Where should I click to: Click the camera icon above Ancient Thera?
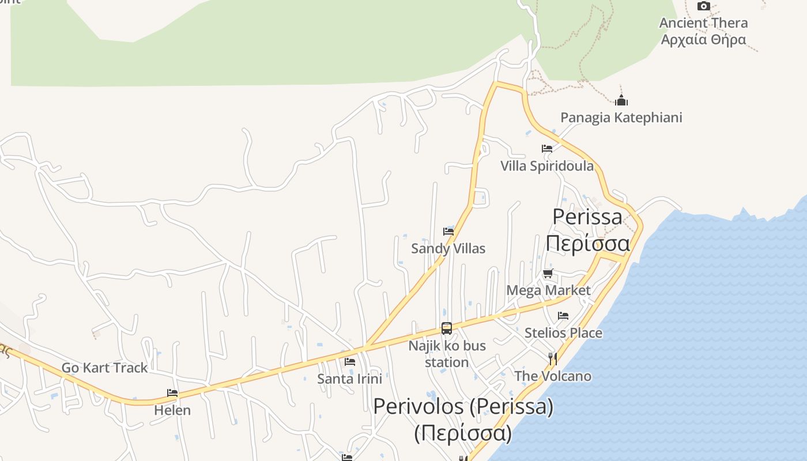(x=703, y=6)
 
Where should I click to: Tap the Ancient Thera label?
(x=703, y=23)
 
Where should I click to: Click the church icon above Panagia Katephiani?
(x=621, y=101)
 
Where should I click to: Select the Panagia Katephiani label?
(x=621, y=118)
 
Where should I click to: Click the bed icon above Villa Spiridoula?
(x=547, y=149)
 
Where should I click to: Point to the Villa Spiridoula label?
(x=546, y=166)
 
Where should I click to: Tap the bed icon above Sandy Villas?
(x=448, y=232)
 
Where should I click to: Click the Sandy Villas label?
(x=448, y=248)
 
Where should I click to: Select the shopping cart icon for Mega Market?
(x=548, y=273)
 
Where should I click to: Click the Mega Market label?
(x=548, y=290)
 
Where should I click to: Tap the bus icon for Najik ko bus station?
(x=447, y=328)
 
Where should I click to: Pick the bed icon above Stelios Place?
(x=563, y=316)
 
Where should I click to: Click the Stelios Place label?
(x=563, y=332)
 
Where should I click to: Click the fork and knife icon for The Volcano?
(x=553, y=359)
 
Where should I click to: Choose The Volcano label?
(x=553, y=376)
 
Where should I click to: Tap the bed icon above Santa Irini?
(x=350, y=362)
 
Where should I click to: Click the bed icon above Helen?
(x=172, y=393)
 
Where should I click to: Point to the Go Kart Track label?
(x=104, y=368)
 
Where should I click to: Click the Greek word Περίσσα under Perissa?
(x=587, y=243)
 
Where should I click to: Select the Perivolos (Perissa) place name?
(x=463, y=406)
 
